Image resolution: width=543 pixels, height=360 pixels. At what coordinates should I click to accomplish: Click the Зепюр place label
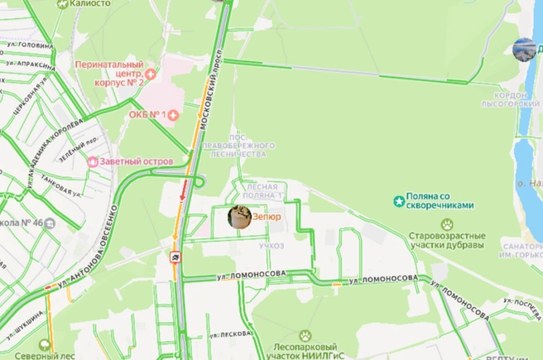267,217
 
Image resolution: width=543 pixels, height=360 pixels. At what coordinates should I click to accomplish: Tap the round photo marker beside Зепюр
240,217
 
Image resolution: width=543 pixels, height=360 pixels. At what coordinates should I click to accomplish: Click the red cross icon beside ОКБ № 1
172,114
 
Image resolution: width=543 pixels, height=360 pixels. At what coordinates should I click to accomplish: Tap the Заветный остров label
137,161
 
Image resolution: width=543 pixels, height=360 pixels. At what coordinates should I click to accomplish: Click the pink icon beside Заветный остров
93,161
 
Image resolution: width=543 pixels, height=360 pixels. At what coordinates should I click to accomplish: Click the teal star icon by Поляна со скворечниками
399,201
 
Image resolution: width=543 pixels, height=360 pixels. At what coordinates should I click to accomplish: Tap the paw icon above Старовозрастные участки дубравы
447,224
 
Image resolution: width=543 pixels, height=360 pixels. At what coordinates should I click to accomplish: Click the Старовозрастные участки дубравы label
447,240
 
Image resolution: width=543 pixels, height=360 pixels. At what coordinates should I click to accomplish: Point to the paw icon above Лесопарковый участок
305,335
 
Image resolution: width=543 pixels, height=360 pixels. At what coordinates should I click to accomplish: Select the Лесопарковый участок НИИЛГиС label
305,351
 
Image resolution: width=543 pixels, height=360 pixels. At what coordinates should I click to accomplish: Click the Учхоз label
271,246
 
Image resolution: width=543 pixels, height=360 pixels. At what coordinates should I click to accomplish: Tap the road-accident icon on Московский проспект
177,257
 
